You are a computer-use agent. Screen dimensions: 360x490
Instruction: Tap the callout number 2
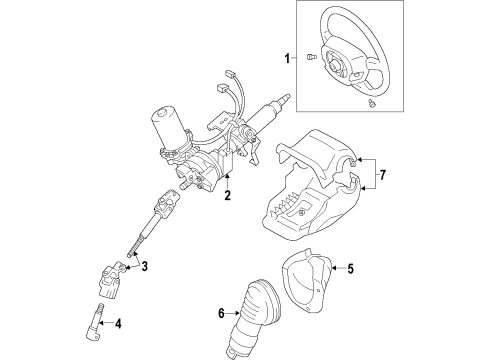point(229,196)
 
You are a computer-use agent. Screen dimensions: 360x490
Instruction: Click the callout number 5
point(349,267)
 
